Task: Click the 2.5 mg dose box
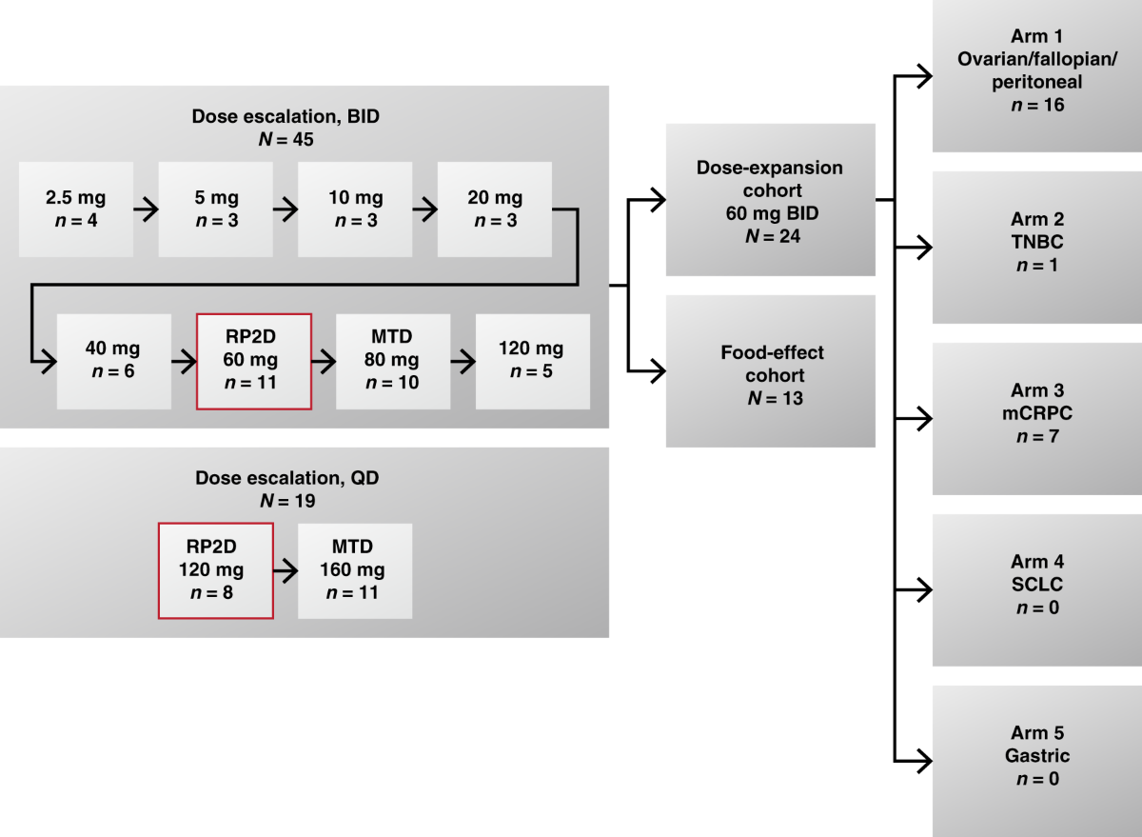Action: (x=76, y=209)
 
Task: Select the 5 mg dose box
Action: (x=215, y=209)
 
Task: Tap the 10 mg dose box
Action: (x=355, y=209)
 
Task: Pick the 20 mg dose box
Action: (x=495, y=209)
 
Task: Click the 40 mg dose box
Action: (x=114, y=361)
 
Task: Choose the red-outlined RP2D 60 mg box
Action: (x=254, y=361)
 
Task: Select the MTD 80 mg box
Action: (x=393, y=361)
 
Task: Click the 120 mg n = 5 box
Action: (x=533, y=361)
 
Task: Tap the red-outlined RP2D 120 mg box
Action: (x=216, y=570)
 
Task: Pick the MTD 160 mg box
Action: (x=355, y=570)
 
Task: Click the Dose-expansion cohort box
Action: (x=770, y=200)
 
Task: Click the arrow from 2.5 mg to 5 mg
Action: (x=146, y=209)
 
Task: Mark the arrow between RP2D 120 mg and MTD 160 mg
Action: (x=285, y=571)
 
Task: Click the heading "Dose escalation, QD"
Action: (x=286, y=478)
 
